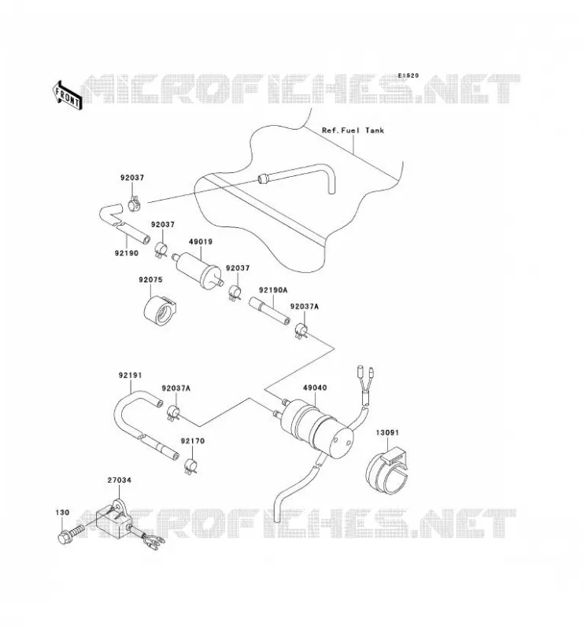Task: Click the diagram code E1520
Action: click(408, 75)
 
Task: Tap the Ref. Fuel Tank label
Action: click(353, 131)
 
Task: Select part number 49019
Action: click(201, 242)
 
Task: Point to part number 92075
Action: click(150, 280)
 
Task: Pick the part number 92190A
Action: click(273, 289)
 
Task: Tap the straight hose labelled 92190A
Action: click(269, 310)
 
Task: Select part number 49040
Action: click(315, 388)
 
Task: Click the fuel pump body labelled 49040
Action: click(316, 426)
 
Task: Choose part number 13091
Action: click(387, 433)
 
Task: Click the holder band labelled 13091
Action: click(386, 472)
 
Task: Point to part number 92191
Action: click(130, 376)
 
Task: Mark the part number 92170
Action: click(192, 441)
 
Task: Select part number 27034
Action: click(120, 480)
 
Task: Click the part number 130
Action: click(62, 513)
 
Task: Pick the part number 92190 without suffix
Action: click(127, 253)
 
